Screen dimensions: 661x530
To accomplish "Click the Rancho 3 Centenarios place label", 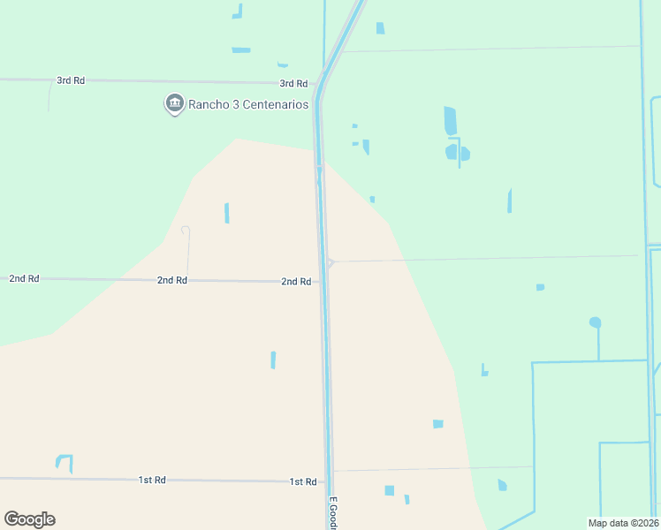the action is (247, 105).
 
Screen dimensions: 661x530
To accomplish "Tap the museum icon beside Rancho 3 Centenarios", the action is (174, 104).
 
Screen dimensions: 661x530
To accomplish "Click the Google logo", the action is (29, 519).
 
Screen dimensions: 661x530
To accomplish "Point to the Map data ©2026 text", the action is (623, 523).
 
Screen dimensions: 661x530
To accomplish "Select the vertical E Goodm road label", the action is (334, 512).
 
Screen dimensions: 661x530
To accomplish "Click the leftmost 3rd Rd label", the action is (71, 80).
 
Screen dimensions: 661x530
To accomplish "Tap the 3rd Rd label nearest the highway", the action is (293, 84).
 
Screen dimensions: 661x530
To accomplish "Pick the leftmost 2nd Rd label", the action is (24, 278).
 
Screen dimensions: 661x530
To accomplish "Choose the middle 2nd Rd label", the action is (172, 280).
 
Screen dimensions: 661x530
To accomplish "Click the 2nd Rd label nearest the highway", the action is (296, 282).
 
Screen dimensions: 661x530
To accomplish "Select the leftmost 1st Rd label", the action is (152, 480).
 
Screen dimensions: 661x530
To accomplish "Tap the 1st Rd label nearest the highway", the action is (303, 481).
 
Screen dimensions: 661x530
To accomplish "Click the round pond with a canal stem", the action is (595, 322).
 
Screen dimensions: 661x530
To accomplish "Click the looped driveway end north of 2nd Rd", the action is (186, 231).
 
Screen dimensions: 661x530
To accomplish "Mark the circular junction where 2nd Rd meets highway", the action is (330, 261).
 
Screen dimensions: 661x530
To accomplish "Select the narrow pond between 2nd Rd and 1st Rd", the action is (273, 360).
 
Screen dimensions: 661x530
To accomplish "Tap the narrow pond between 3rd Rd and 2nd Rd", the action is (227, 213).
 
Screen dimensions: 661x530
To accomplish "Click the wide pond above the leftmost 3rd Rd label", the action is (240, 50).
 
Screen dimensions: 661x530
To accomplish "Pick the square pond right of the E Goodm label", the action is (389, 490).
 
